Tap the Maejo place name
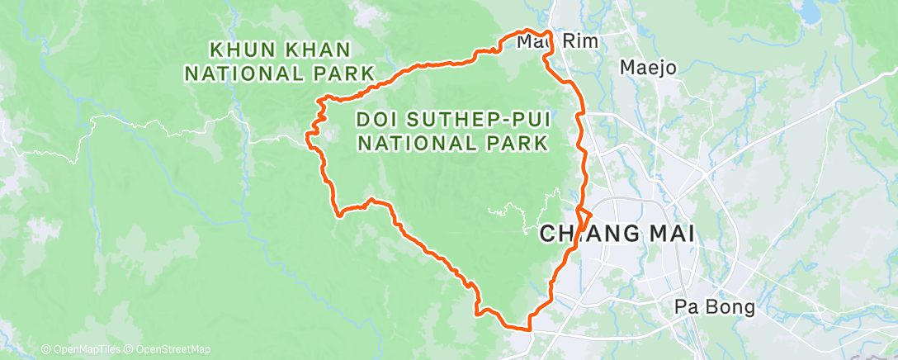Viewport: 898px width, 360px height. pyautogui.click(x=648, y=68)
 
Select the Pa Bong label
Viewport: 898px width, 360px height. pyautogui.click(x=714, y=307)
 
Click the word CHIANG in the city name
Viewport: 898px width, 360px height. pyautogui.click(x=587, y=234)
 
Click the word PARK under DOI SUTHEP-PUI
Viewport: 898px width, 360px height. pyautogui.click(x=515, y=143)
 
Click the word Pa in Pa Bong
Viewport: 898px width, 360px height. pyautogui.click(x=687, y=307)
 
